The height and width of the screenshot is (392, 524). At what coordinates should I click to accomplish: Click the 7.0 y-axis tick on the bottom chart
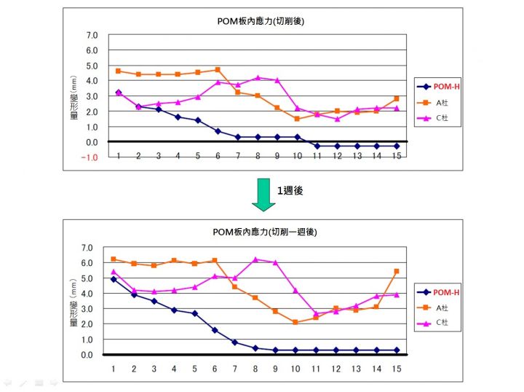click(x=88, y=247)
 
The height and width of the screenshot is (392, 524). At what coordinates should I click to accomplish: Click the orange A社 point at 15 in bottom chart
click(x=396, y=271)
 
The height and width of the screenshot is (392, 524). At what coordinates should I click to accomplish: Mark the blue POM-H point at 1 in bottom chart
click(x=114, y=279)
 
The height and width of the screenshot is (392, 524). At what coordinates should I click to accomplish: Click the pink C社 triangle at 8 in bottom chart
click(x=255, y=259)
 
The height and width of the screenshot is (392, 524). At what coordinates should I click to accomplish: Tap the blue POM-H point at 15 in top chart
click(x=396, y=146)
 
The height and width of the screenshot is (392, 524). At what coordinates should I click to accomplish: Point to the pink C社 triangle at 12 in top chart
click(x=337, y=119)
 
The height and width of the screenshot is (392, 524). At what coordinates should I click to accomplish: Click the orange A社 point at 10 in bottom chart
click(x=295, y=322)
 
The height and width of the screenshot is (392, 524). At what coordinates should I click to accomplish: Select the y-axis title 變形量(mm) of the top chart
click(x=74, y=97)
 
